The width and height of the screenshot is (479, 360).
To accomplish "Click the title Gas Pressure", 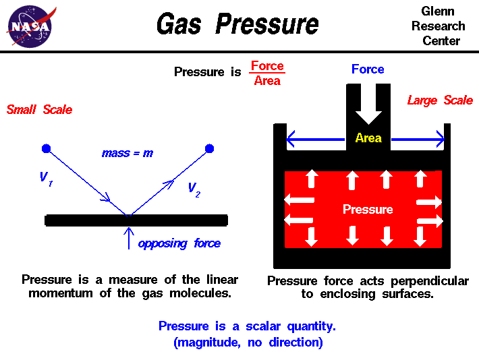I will tap(237, 25).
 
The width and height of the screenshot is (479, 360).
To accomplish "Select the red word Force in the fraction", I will tap(267, 66).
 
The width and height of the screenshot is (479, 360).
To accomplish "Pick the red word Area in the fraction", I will tap(267, 82).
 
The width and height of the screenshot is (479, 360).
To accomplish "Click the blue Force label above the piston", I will tap(368, 69).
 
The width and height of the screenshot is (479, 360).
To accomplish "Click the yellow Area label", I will tap(368, 138).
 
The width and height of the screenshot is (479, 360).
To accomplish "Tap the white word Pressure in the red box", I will tap(368, 209).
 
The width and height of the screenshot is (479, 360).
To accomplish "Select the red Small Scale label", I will tap(39, 110).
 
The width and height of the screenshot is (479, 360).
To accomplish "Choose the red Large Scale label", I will tap(440, 100).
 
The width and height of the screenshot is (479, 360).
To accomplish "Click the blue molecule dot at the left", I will tap(45, 148).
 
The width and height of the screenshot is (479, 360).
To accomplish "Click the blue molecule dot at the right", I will tap(209, 148).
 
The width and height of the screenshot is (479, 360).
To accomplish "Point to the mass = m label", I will tap(127, 153).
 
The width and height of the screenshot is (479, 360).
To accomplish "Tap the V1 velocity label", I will tap(45, 179).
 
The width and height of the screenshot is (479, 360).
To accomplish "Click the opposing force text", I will tap(179, 243).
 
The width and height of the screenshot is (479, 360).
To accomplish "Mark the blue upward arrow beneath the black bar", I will tap(128, 238).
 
